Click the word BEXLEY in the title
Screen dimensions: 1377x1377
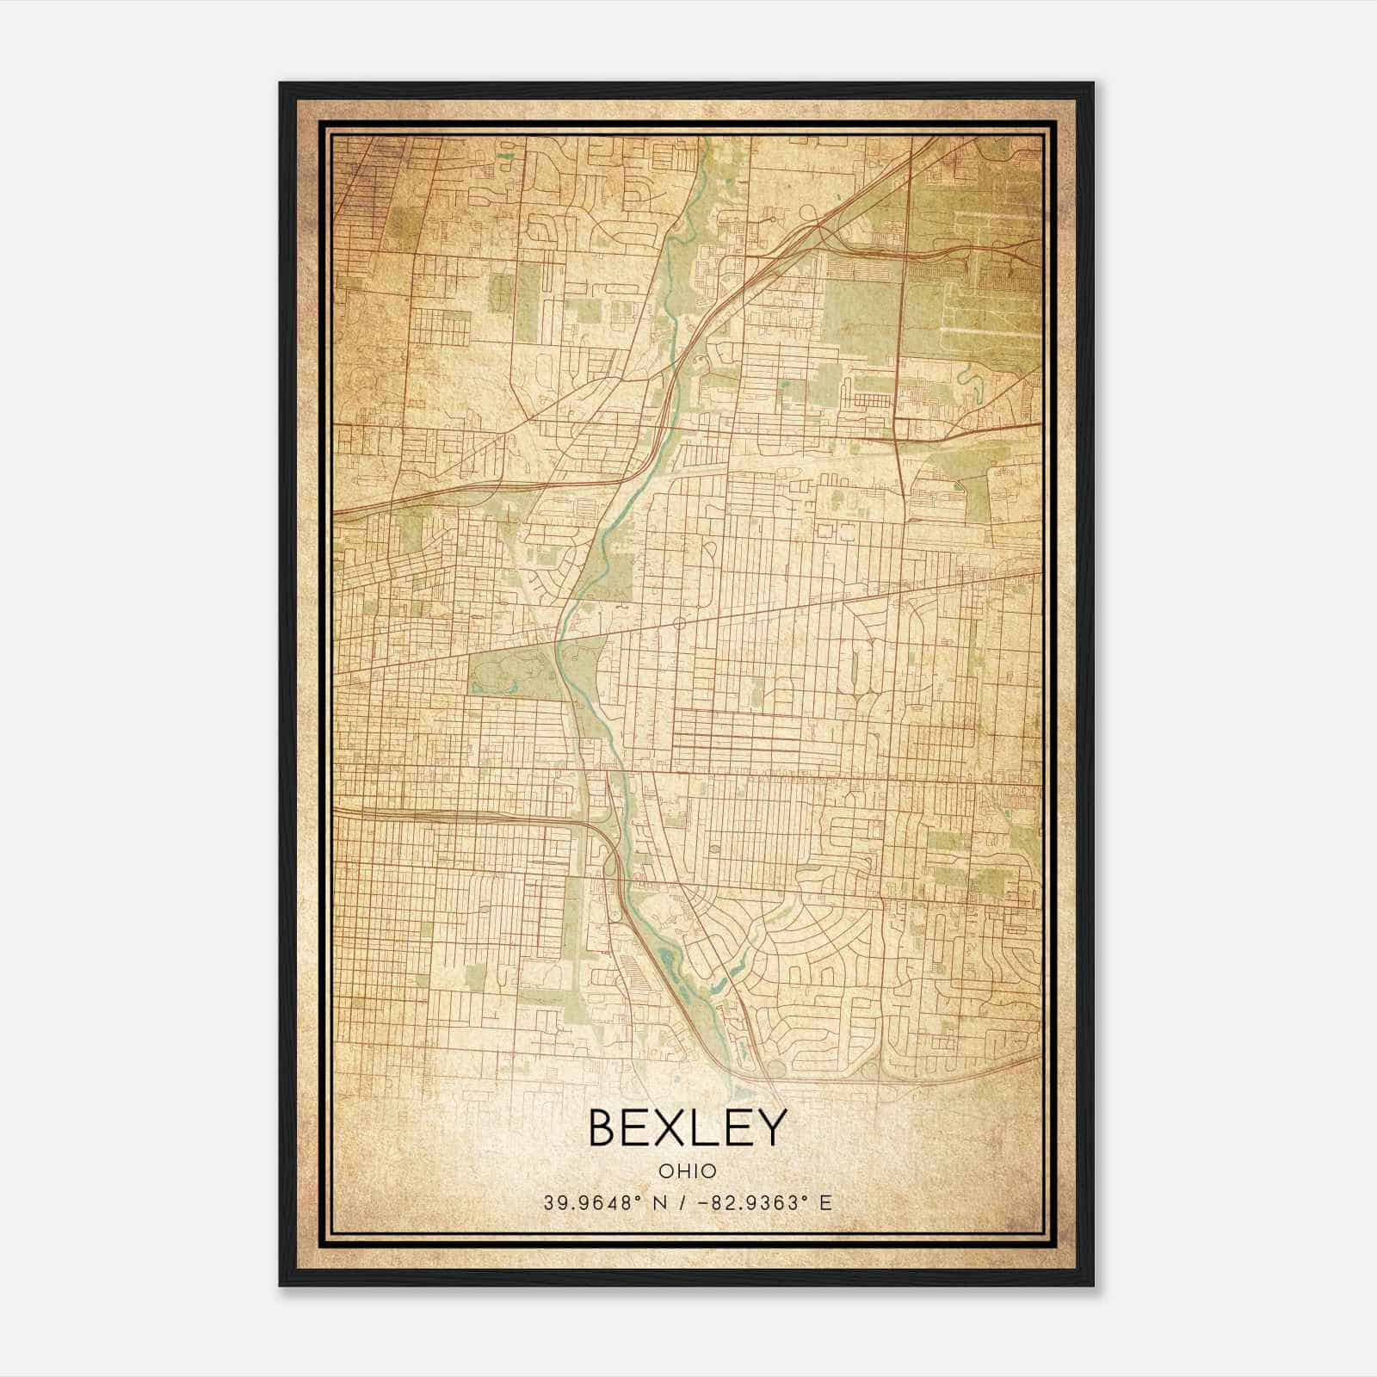point(687,1127)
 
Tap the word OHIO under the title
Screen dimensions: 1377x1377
point(687,1171)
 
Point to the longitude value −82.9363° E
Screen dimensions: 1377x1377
point(760,1203)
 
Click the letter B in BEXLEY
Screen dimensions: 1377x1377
point(603,1127)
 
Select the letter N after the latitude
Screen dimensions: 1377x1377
point(659,1203)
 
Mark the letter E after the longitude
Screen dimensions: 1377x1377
point(825,1203)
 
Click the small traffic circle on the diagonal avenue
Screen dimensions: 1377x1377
point(679,621)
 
